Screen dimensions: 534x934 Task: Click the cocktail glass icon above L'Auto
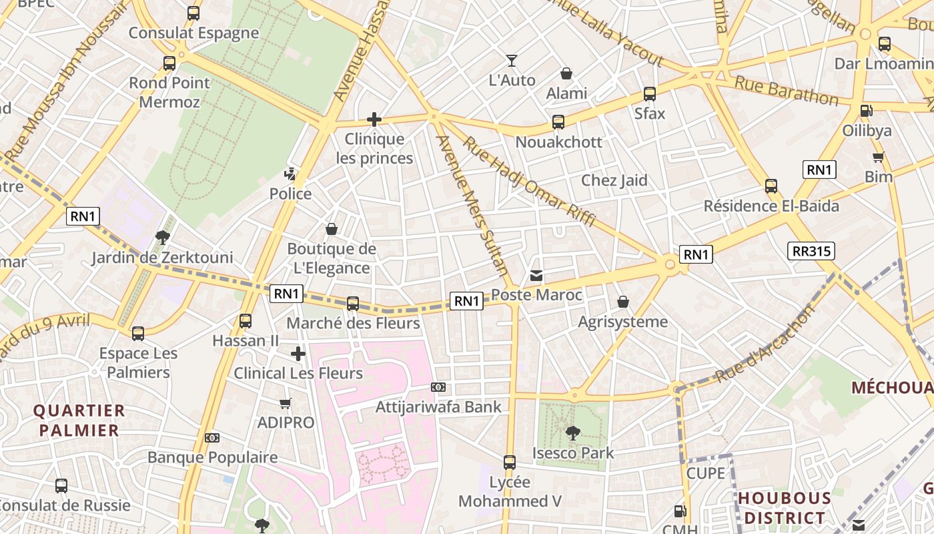pyautogui.click(x=512, y=61)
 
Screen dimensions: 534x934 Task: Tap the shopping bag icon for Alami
pyautogui.click(x=566, y=73)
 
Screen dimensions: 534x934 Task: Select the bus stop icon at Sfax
pyautogui.click(x=650, y=94)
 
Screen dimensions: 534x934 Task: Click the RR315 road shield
pyautogui.click(x=811, y=251)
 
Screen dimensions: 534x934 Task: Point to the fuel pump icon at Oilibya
pyautogui.click(x=866, y=111)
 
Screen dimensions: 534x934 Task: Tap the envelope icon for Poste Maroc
pyautogui.click(x=536, y=276)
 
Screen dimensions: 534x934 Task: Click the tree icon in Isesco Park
pyautogui.click(x=572, y=433)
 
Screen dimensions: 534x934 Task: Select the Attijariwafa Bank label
pyautogui.click(x=438, y=407)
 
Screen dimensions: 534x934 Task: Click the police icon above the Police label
pyautogui.click(x=290, y=175)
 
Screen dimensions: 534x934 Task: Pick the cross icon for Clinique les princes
pyautogui.click(x=374, y=120)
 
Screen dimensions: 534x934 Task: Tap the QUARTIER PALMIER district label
pyautogui.click(x=79, y=421)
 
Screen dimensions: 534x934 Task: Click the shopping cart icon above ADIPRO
pyautogui.click(x=286, y=403)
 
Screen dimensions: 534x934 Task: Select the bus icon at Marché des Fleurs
pyautogui.click(x=353, y=304)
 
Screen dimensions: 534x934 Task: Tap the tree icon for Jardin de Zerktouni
pyautogui.click(x=162, y=238)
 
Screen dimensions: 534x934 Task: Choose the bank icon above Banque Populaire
pyautogui.click(x=212, y=438)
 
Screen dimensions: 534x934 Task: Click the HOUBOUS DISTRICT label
pyautogui.click(x=785, y=508)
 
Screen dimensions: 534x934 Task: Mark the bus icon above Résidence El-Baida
pyautogui.click(x=771, y=186)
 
